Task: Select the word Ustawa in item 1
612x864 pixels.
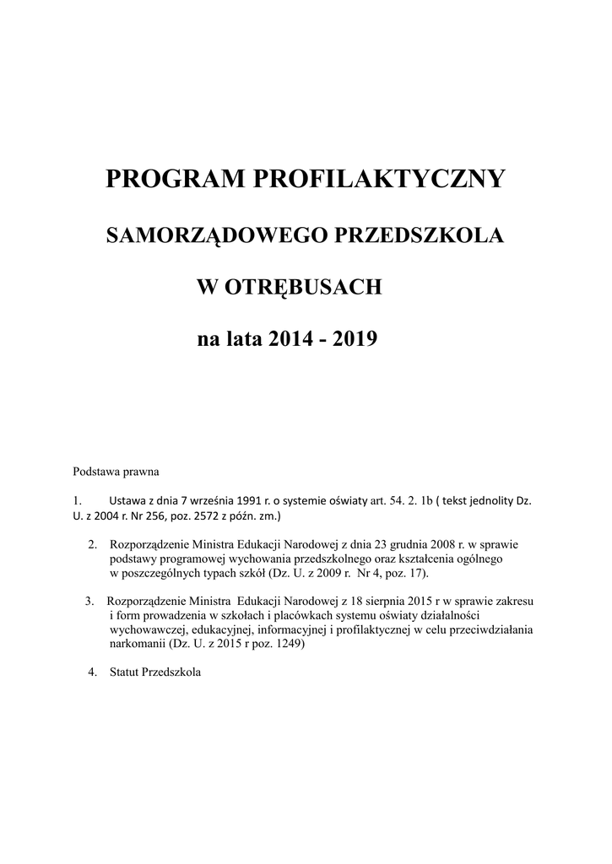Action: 127,499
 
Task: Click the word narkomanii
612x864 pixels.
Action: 138,644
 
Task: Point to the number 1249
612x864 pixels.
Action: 285,644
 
